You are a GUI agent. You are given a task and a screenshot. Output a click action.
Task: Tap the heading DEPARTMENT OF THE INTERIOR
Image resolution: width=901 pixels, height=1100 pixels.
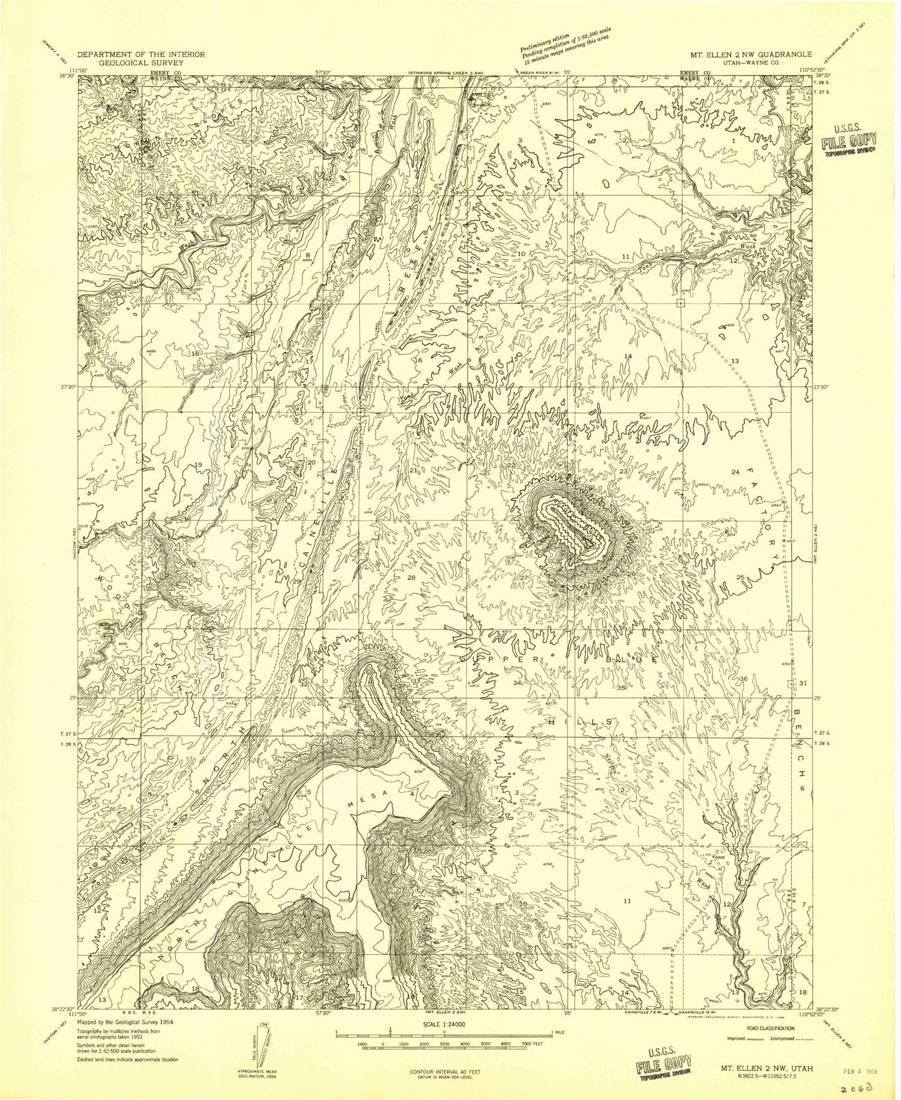[x=141, y=54]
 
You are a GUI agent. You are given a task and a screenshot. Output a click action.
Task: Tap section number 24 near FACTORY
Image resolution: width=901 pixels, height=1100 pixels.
[x=735, y=472]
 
